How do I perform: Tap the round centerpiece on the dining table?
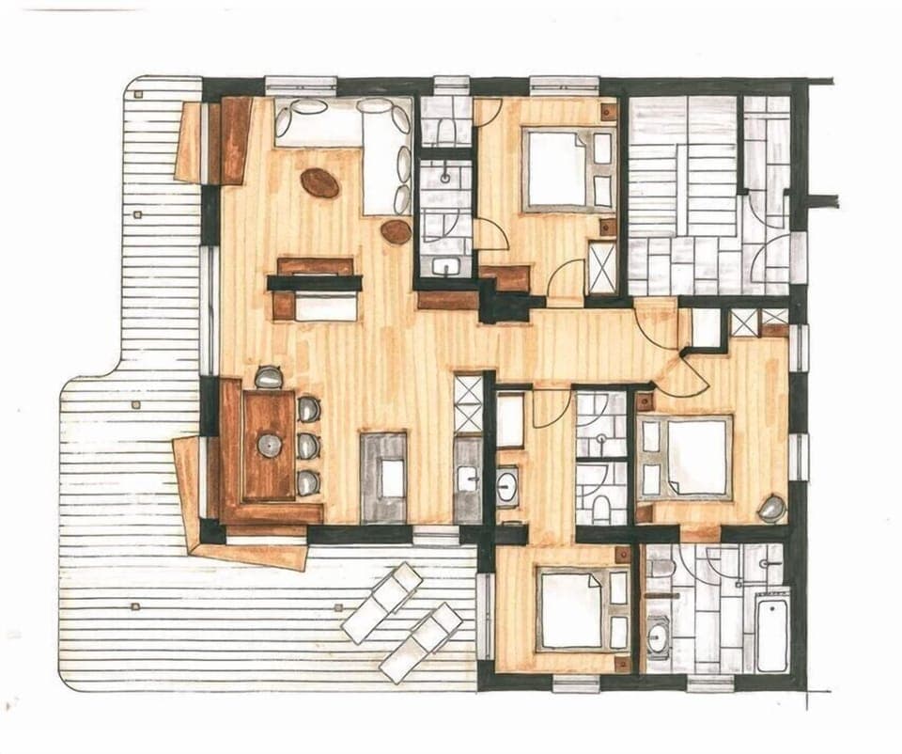tap(270, 444)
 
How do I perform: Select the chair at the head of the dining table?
tap(269, 378)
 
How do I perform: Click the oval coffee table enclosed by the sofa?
tap(319, 182)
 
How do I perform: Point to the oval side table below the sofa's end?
tap(397, 231)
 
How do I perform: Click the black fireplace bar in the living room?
tap(314, 282)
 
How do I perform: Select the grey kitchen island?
tap(383, 478)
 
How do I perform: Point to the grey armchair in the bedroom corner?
tap(772, 509)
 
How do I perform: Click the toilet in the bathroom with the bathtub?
tap(661, 568)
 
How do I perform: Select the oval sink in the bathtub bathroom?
tap(658, 638)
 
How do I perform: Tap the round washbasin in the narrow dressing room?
tap(507, 486)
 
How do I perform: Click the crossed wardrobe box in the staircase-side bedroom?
tap(602, 268)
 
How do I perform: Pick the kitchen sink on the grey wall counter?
tap(468, 479)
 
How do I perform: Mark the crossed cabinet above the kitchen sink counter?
tap(468, 402)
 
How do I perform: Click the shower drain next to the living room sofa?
tap(445, 177)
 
